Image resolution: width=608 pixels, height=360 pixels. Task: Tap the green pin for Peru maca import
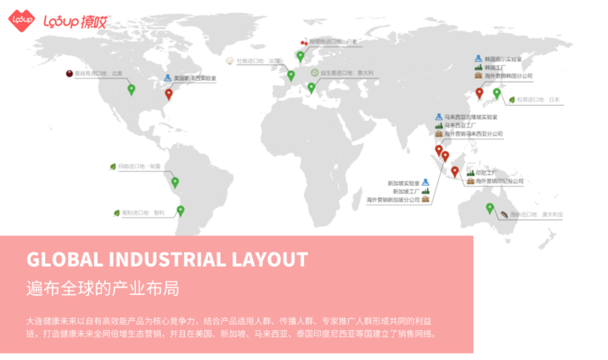tap(175, 182)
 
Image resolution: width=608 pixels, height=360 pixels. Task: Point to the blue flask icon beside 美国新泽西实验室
tap(166, 77)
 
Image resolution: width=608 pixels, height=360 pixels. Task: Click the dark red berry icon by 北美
tap(68, 73)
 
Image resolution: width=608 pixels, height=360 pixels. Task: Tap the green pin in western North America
tap(131, 88)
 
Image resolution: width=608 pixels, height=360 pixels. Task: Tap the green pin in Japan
tap(497, 92)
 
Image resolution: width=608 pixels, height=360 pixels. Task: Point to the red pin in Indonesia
tap(455, 171)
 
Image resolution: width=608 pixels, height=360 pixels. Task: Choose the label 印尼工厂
tap(486, 172)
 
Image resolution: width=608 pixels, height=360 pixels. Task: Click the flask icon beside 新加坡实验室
tap(424, 182)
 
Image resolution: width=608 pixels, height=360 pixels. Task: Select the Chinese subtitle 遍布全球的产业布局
tap(102, 288)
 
